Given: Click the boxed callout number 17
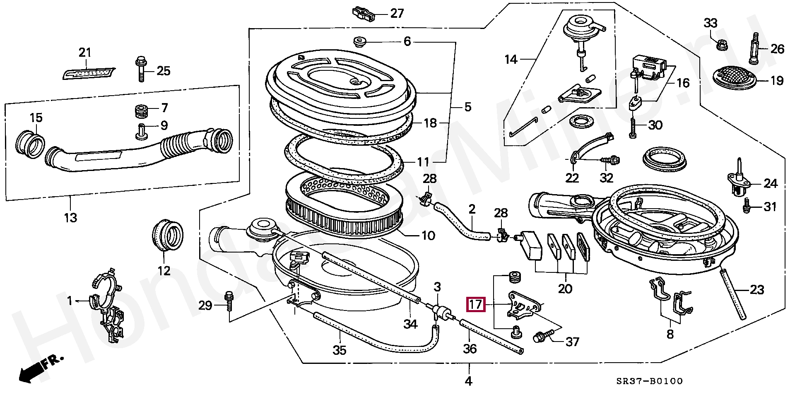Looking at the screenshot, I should tap(475, 305).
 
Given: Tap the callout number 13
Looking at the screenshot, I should tap(70, 217).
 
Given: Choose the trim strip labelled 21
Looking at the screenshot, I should tap(89, 73).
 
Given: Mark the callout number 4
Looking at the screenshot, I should tap(468, 380).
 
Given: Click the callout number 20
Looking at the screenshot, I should tap(565, 289).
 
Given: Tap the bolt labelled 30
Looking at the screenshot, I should tap(633, 126).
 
